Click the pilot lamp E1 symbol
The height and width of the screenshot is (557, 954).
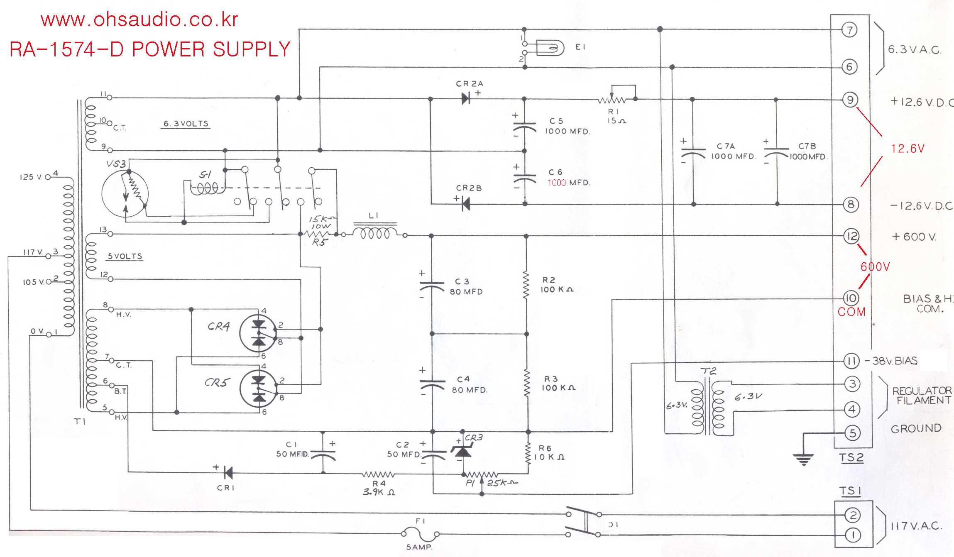(x=550, y=48)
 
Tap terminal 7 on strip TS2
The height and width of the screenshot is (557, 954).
(x=849, y=30)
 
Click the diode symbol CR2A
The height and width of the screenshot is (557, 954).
(x=466, y=98)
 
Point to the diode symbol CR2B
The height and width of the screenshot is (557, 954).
(x=466, y=204)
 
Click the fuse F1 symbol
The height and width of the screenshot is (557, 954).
(x=420, y=533)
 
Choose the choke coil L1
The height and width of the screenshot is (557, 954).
(x=375, y=233)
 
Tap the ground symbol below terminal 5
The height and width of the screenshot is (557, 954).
(x=804, y=459)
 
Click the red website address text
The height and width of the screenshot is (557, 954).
(x=139, y=20)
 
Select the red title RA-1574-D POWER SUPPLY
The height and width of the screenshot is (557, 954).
(x=150, y=49)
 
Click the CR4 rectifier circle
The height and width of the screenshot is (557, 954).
(x=258, y=333)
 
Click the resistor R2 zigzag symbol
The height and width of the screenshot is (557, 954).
(x=526, y=285)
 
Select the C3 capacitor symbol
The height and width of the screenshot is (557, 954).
(x=432, y=286)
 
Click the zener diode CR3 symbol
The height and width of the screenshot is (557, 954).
(x=462, y=450)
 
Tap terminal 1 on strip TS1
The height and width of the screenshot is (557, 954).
(x=853, y=535)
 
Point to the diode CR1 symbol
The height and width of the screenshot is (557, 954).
(x=227, y=472)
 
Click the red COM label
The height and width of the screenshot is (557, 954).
(x=851, y=312)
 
